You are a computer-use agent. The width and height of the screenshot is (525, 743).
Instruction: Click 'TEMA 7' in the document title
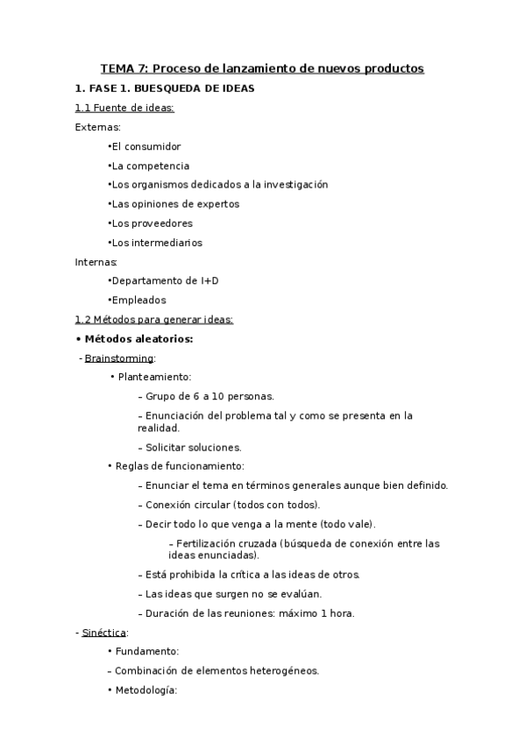[x=124, y=68]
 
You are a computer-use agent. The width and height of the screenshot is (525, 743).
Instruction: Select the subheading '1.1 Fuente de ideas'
[x=124, y=108]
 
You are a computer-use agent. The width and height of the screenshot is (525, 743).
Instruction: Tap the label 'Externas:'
[x=98, y=127]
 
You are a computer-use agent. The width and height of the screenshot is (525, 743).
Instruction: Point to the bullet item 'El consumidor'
[x=145, y=146]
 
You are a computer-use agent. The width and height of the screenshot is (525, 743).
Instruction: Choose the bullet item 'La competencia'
[x=150, y=166]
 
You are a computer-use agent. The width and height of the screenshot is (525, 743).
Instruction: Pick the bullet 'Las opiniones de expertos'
[x=174, y=204]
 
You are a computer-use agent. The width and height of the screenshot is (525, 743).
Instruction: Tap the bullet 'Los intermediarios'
[x=156, y=243]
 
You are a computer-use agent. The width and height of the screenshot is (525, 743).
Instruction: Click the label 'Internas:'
[x=96, y=262]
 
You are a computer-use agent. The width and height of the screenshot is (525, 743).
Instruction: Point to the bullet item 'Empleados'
[x=138, y=301]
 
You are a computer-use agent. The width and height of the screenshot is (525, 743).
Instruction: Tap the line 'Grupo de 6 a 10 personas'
[x=209, y=397]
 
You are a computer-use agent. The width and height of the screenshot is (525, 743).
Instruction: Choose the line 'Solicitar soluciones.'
[x=193, y=448]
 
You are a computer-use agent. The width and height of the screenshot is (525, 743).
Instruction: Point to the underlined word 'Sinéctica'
[x=104, y=633]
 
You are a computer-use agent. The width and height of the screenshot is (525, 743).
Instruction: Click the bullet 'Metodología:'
[x=146, y=690]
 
